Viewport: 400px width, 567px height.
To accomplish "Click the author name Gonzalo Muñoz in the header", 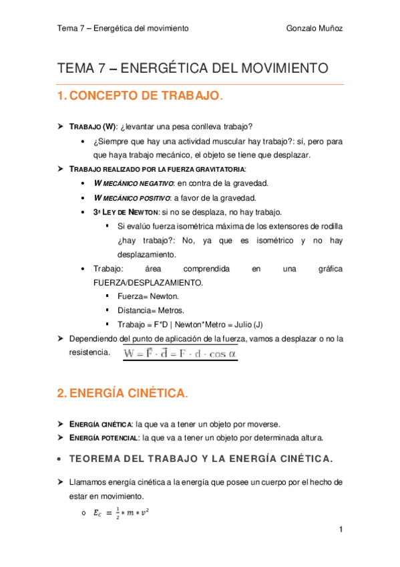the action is [314, 28].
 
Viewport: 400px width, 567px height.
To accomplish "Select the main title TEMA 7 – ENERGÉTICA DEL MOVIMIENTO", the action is [193, 68].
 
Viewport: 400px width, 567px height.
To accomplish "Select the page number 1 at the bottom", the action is [341, 530].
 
